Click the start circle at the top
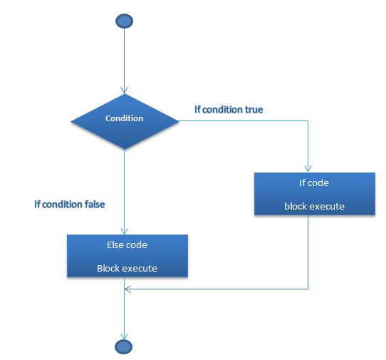coord(125,21)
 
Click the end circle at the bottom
coord(124,347)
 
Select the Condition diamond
coord(125,121)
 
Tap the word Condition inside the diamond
coord(125,118)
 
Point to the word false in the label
coord(95,205)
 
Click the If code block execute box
coord(315,194)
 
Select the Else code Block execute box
coord(127,256)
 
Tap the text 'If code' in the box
coord(314,182)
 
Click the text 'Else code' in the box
coord(127,245)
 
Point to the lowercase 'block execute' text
coord(314,207)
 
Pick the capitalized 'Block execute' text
coord(127,268)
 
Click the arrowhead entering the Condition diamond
coord(125,91)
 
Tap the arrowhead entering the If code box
coord(308,169)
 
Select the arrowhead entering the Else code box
coord(125,231)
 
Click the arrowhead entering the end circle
coord(125,336)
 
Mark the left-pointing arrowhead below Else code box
coord(127,289)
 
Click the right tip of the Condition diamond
coord(179,121)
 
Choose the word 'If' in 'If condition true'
coord(197,110)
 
